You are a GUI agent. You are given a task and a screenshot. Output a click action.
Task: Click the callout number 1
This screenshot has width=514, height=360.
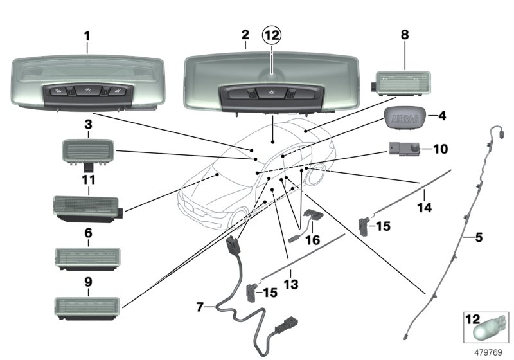(x=87, y=36)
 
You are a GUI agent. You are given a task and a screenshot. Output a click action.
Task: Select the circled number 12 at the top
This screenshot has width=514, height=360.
(x=272, y=37)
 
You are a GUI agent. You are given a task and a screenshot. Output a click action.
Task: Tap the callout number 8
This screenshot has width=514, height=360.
(x=405, y=36)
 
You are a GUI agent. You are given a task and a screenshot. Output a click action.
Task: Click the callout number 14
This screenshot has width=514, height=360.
(x=425, y=208)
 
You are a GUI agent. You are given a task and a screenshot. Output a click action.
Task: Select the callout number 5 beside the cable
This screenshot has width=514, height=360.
(x=479, y=237)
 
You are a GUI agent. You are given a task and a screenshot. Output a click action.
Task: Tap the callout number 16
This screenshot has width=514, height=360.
(x=312, y=240)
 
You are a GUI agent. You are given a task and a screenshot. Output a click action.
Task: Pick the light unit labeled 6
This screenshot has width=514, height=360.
(x=87, y=258)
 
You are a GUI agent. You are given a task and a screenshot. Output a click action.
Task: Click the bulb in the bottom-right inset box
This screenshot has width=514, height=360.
(x=486, y=331)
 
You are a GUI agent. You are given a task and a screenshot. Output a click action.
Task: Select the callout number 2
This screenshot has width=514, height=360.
(x=245, y=36)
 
